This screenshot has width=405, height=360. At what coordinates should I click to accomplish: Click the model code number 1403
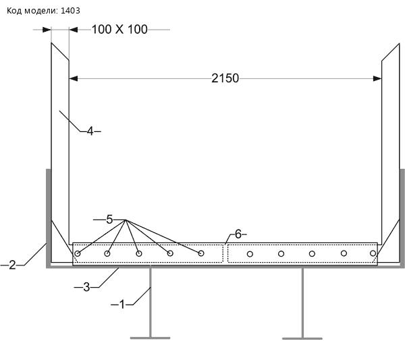70,11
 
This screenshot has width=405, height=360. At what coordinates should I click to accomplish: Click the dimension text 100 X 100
119,29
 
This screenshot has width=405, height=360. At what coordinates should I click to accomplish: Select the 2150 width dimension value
225,78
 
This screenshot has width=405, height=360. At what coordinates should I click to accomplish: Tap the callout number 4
90,131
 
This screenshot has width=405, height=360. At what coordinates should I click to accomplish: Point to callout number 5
109,220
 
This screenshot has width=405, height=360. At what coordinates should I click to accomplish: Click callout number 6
238,234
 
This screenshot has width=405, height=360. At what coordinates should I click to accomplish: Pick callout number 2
12,265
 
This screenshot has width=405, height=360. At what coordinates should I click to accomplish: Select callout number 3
86,287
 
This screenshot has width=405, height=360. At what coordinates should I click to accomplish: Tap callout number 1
122,305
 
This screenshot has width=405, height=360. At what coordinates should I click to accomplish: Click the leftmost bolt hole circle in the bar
77,254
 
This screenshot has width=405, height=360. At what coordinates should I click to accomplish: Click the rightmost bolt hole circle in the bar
373,253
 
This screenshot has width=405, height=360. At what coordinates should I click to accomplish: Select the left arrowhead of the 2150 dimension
74,78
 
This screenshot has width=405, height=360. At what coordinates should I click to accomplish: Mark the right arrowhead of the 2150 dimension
377,78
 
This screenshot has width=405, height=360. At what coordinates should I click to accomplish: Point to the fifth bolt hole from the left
201,253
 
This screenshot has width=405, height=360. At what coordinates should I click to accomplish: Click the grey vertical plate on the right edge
402,217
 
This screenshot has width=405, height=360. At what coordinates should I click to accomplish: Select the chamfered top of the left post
60,52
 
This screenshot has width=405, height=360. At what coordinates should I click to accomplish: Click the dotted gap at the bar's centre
225,253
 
